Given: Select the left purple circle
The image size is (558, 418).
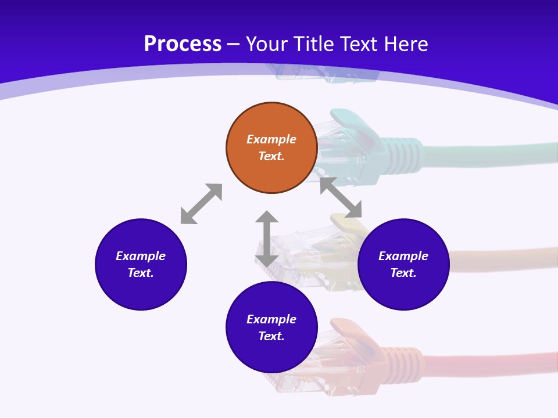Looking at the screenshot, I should click(141, 264).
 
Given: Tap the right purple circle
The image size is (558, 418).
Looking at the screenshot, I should click(403, 264).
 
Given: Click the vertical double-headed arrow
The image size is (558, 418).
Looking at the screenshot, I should click(267, 239).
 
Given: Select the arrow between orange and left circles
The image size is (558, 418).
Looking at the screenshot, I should click(201, 204).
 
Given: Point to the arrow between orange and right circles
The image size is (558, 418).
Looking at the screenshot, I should click(341, 198).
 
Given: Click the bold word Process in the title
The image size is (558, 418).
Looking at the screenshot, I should click(183, 44).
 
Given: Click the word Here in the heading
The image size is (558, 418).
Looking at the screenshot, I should click(406, 44).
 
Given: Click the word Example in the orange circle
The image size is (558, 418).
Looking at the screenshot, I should click(271, 139).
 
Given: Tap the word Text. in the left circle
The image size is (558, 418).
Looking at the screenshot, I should click(141, 273).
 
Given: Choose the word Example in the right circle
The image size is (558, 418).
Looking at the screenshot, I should click(403, 256).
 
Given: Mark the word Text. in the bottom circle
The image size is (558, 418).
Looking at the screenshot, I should click(271, 336).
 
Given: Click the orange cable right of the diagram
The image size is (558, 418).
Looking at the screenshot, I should click(500, 258).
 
